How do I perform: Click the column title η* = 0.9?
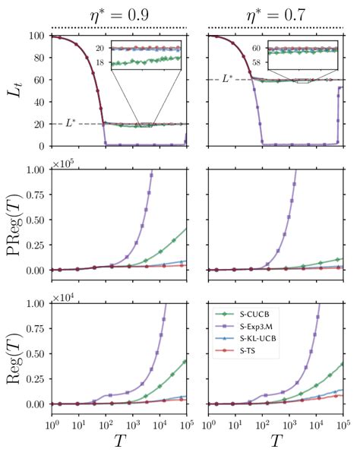click(119, 12)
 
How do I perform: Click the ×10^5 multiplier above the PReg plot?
click(65, 162)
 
